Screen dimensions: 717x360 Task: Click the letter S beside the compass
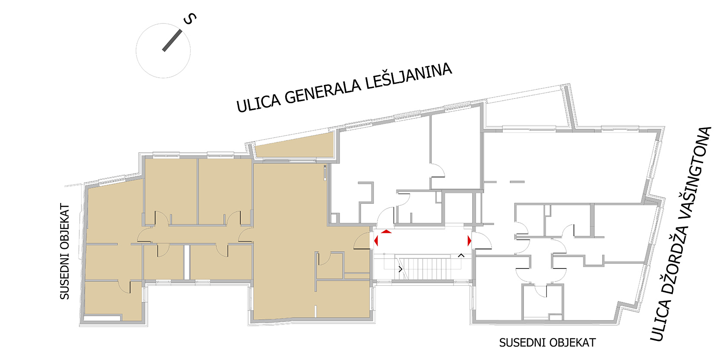click(190, 19)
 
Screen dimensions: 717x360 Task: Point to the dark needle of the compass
click(172, 40)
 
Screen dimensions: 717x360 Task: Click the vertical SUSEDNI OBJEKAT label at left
click(65, 252)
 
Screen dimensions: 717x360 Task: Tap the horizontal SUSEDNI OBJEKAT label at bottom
click(548, 343)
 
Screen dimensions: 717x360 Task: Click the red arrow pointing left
click(376, 241)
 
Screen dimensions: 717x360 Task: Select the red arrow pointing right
click(469, 241)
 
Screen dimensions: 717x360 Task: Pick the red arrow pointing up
click(386, 231)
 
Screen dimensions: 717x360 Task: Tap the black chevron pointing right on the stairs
click(400, 269)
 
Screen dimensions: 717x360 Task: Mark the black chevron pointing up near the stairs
click(461, 255)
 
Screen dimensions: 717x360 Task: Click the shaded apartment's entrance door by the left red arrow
click(362, 241)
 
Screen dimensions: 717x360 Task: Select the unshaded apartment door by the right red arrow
click(482, 241)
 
